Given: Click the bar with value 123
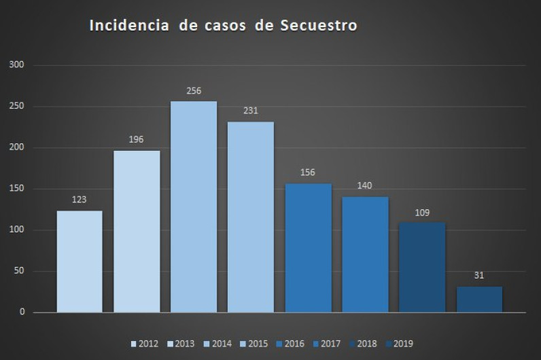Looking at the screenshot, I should tap(80, 262).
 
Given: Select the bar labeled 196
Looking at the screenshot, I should tap(137, 231).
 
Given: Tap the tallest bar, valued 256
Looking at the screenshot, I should tap(194, 206).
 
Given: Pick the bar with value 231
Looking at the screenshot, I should tap(251, 217).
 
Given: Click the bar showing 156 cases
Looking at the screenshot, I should tap(309, 248).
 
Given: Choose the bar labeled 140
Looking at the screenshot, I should tap(366, 255).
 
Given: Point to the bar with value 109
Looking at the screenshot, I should tap(422, 268).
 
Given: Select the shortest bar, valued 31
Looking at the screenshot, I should tap(479, 300).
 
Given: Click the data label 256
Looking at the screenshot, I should tap(194, 90).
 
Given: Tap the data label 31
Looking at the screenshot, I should tap(479, 275).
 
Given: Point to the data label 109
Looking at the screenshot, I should tap(422, 212).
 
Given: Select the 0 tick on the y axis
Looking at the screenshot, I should tap(22, 312).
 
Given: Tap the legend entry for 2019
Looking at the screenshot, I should tap(398, 344).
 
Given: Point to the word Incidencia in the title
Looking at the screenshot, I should tap(128, 26).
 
